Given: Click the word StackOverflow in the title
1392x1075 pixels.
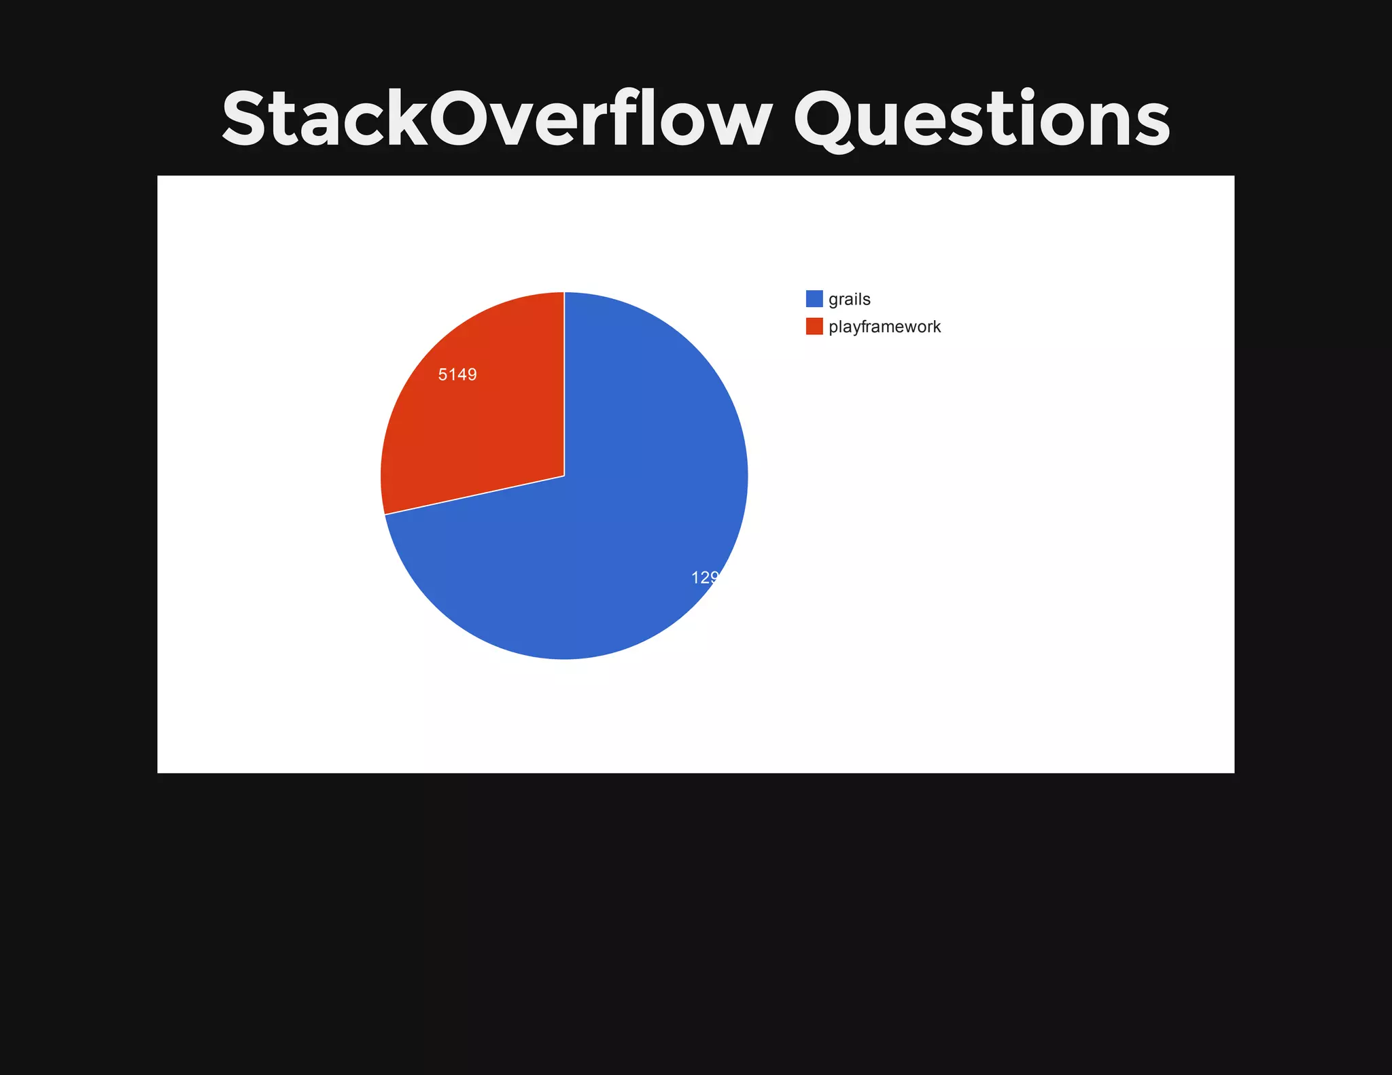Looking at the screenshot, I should (496, 119).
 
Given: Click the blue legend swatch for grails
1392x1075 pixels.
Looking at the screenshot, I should (814, 299).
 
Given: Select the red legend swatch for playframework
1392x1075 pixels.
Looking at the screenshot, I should (814, 326).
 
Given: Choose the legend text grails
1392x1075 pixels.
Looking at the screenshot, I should (850, 299).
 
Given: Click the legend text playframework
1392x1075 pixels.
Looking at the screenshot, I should (884, 327).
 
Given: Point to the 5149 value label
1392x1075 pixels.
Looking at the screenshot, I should (457, 374).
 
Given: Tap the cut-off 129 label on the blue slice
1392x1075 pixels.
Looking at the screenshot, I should (705, 578).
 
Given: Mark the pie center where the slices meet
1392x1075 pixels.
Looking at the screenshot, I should (564, 476).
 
